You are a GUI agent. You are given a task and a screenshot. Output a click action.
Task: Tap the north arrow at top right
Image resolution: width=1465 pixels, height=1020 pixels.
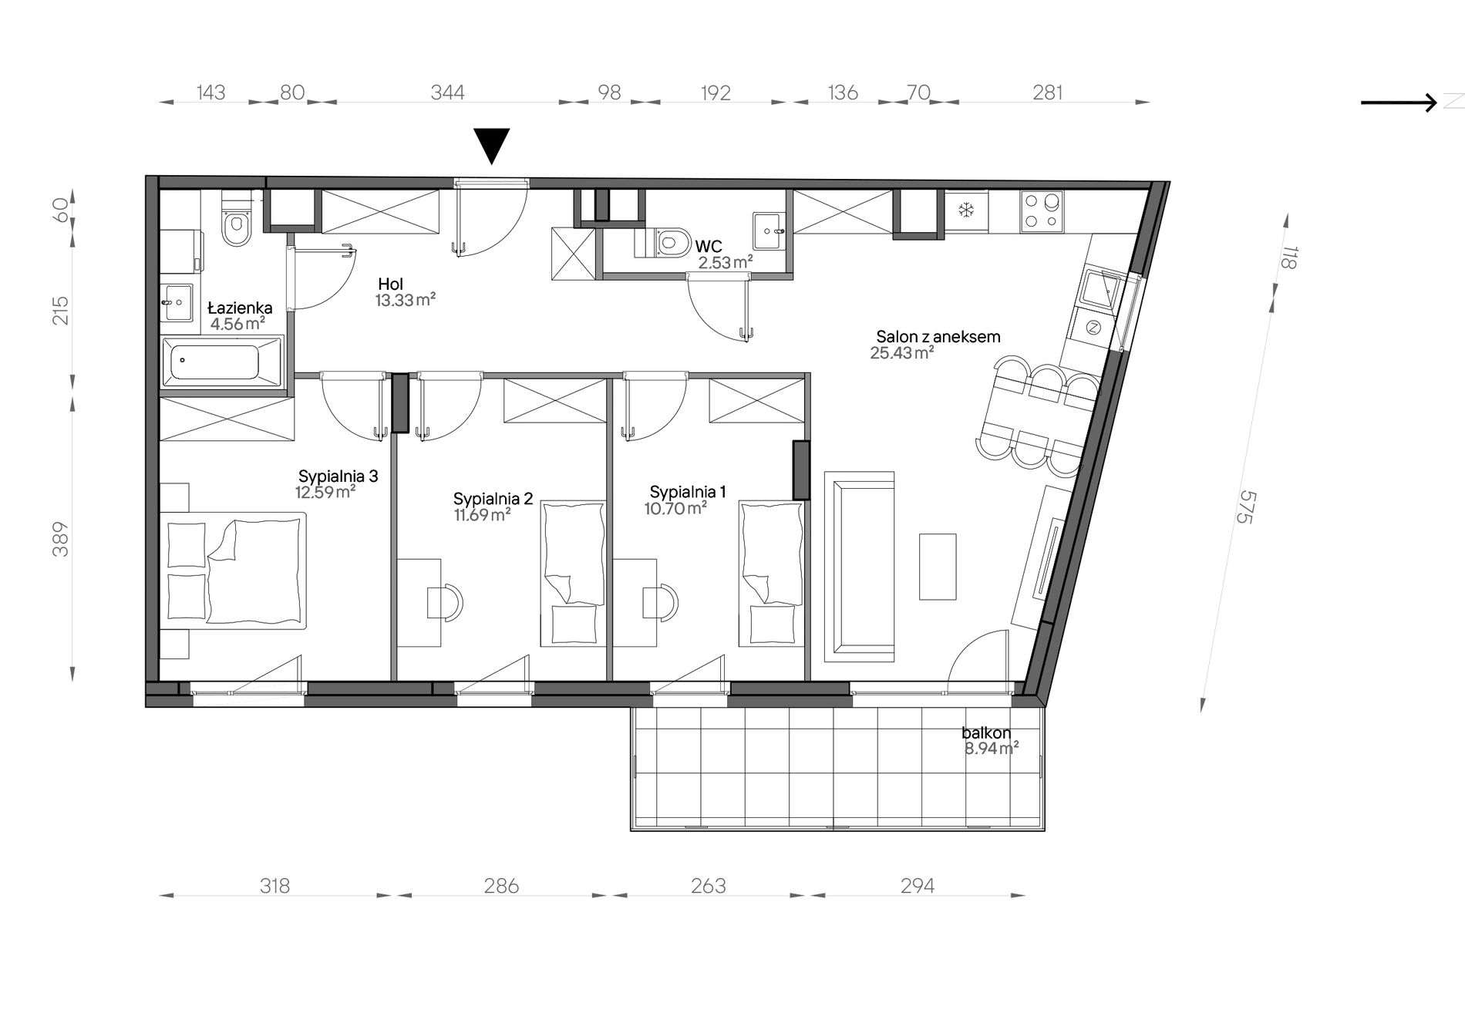pyautogui.click(x=1399, y=103)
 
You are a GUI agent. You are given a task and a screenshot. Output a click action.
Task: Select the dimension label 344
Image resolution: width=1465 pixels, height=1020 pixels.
pyautogui.click(x=447, y=93)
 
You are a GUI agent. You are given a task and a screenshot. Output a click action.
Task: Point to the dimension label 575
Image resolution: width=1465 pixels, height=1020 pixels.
pyautogui.click(x=1246, y=507)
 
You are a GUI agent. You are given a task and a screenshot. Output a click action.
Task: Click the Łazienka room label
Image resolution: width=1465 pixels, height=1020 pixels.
pyautogui.click(x=240, y=308)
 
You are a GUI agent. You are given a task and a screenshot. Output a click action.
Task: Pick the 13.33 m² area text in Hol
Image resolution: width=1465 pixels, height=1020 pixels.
pyautogui.click(x=406, y=300)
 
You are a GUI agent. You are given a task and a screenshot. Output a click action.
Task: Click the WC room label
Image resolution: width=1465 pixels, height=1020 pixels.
pyautogui.click(x=709, y=247)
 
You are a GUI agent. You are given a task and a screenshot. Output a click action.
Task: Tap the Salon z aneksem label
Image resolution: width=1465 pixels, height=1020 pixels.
pyautogui.click(x=938, y=337)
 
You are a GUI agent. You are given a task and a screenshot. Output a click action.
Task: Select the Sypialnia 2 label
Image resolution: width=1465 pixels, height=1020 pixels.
pyautogui.click(x=493, y=499)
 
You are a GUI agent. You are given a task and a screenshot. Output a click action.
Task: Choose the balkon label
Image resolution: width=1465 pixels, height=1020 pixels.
pyautogui.click(x=986, y=734)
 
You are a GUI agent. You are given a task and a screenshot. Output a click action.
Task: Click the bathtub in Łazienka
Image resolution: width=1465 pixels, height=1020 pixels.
pyautogui.click(x=221, y=362)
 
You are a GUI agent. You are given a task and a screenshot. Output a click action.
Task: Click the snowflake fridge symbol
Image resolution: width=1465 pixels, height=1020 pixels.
pyautogui.click(x=965, y=210)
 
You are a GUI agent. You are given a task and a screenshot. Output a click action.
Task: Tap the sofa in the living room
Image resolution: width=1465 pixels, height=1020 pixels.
pyautogui.click(x=859, y=567)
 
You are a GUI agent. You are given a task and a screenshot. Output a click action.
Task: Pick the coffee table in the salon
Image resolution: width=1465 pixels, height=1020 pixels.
pyautogui.click(x=938, y=567)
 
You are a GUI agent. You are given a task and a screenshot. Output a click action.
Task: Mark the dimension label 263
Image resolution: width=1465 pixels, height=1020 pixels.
pyautogui.click(x=708, y=886)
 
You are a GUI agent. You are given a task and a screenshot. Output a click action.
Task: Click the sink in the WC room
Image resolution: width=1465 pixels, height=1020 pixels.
pyautogui.click(x=770, y=231)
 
